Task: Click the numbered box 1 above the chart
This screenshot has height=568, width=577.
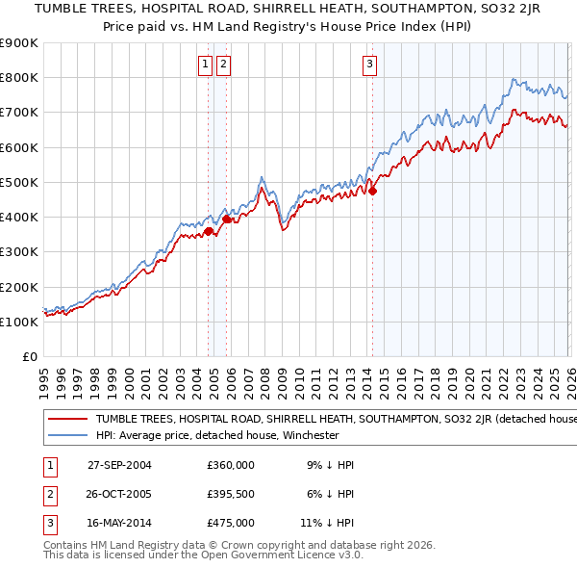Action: click(x=206, y=65)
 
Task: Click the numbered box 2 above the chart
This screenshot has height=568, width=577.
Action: click(x=223, y=65)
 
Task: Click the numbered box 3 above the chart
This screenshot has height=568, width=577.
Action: click(x=369, y=65)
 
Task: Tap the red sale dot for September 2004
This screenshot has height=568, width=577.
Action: click(x=208, y=231)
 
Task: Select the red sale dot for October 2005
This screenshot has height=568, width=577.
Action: click(x=226, y=219)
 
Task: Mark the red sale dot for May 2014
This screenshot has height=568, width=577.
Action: click(x=372, y=191)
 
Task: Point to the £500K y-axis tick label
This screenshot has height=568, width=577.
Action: click(x=18, y=182)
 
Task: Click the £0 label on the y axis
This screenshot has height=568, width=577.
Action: click(x=30, y=356)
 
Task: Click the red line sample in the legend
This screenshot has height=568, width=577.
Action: click(x=67, y=419)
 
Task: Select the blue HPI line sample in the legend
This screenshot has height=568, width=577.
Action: click(x=67, y=435)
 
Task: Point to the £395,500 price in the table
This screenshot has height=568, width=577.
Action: click(x=231, y=494)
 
